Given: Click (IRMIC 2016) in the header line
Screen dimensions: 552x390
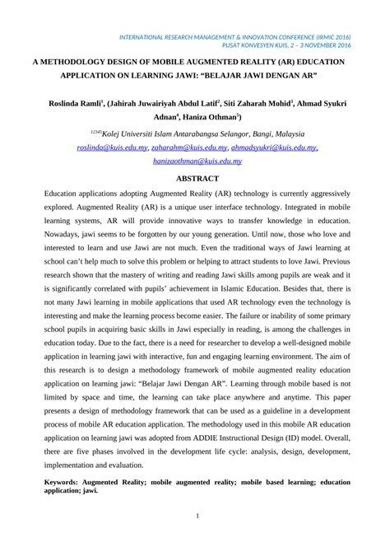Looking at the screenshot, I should point(334,36).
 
